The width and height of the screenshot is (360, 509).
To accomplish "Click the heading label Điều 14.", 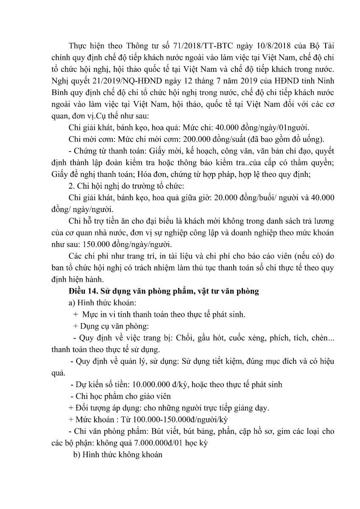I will [81, 291].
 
